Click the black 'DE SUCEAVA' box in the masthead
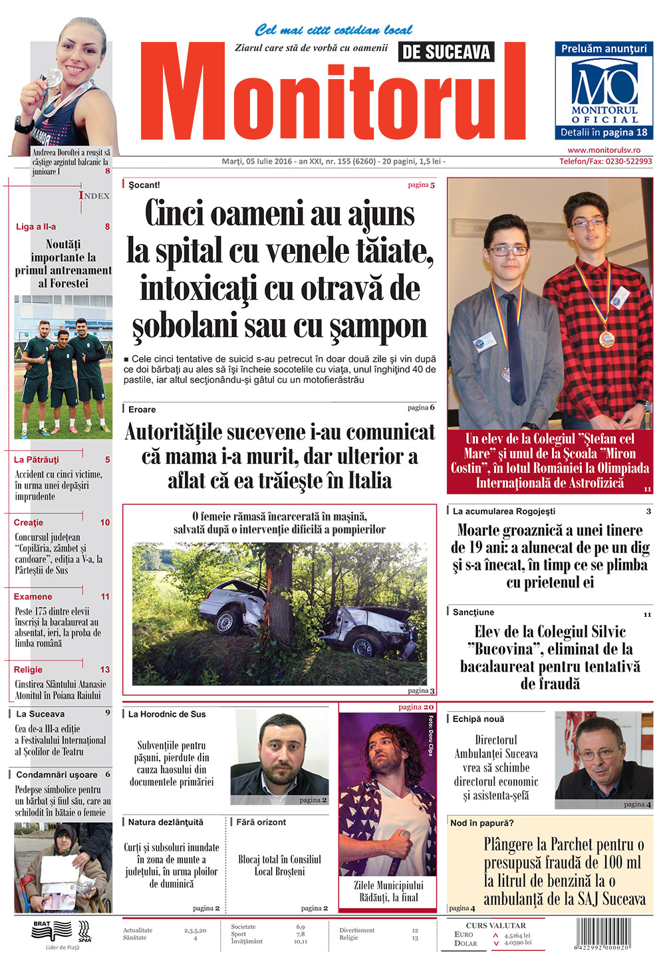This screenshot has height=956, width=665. point(446,52)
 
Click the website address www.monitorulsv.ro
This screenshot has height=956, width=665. point(604,151)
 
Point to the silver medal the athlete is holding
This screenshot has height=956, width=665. point(53,78)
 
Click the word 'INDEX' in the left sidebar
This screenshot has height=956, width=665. point(94,195)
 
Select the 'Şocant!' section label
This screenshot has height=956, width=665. point(144,185)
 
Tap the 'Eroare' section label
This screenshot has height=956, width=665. point(142,410)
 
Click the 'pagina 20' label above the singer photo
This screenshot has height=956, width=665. point(416,707)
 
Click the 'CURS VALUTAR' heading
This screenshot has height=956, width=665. point(496,925)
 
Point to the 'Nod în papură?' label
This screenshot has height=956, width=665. point(482,823)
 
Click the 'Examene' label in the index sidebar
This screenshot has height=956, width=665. point(33,596)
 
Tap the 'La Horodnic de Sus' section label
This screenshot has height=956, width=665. point(167,714)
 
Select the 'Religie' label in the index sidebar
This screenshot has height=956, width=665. point(28,669)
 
